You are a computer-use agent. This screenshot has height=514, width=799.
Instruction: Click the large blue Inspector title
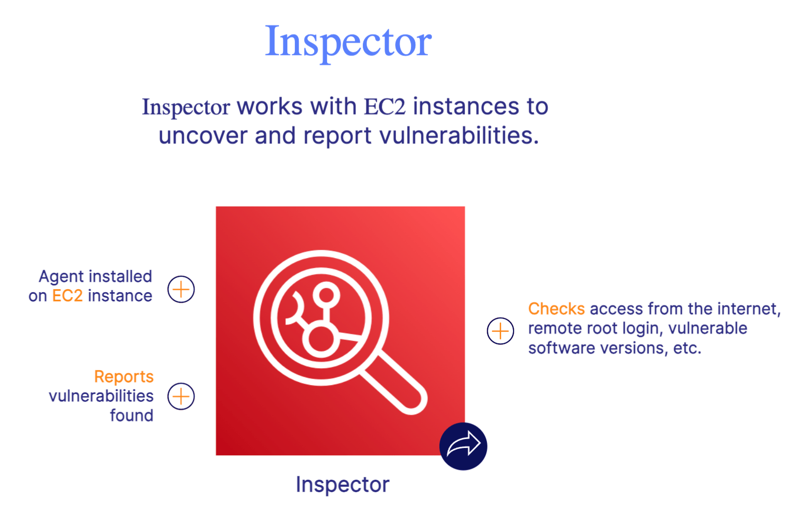pos(348,42)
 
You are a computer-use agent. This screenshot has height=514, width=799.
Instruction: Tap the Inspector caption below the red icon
pos(342,485)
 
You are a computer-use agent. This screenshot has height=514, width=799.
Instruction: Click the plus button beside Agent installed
pos(181,289)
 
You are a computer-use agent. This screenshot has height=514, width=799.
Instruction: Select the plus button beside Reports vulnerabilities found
pos(181,396)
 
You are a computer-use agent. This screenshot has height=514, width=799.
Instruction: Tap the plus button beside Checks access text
pos(500,331)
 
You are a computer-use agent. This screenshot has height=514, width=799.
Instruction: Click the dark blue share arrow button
pos(463,446)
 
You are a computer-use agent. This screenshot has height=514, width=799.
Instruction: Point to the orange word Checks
pos(556,309)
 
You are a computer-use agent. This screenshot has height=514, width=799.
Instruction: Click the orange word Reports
pos(124,377)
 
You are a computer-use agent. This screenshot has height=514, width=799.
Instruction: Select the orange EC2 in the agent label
pos(67,296)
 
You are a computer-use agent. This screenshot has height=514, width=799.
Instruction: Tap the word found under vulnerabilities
pos(132,415)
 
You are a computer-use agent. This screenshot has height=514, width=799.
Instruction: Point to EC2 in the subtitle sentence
pos(385,107)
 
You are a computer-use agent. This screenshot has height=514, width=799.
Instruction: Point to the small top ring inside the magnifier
pos(326,295)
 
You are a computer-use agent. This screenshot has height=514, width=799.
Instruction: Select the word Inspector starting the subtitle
pos(186,107)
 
